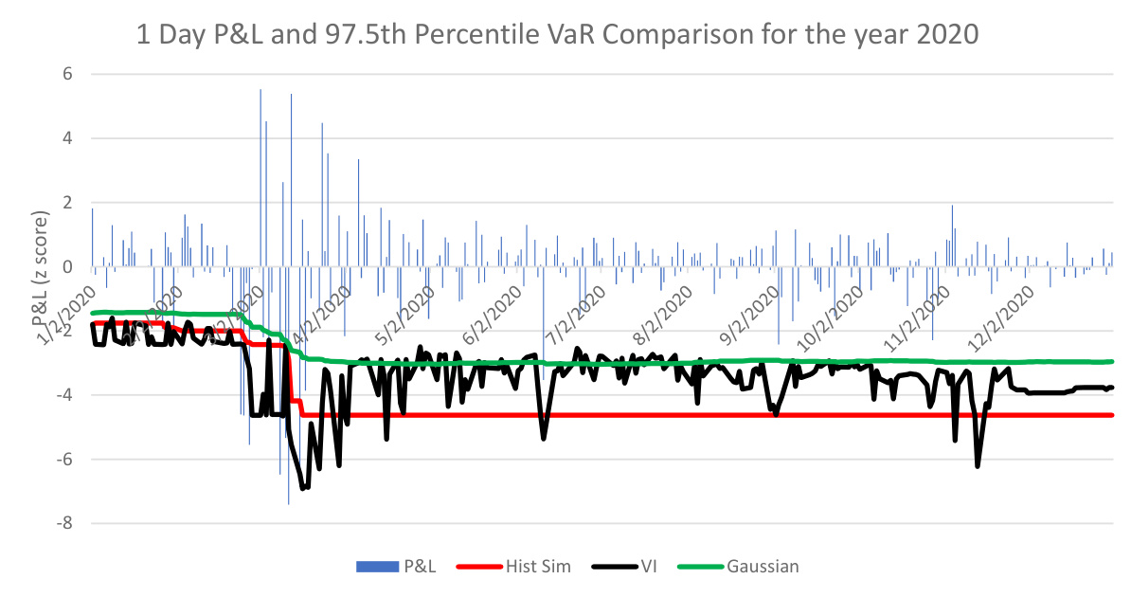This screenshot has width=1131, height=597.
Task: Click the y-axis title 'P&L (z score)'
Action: tap(42, 271)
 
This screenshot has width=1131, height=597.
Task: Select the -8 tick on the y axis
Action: tap(65, 524)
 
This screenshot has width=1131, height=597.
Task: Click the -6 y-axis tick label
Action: tap(65, 460)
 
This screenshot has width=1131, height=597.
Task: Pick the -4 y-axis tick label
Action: tap(65, 395)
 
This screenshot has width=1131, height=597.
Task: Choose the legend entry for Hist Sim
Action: tap(517, 567)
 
